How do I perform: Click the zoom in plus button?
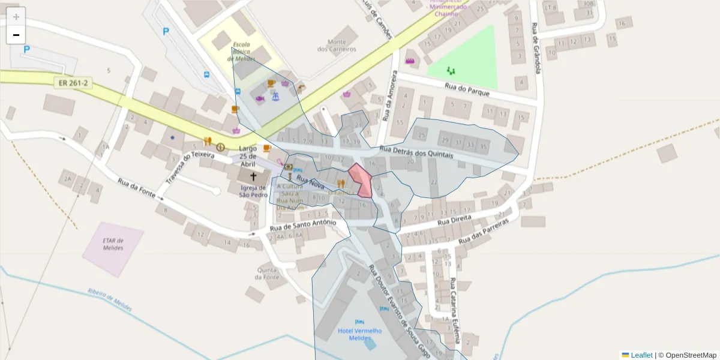point(16,17)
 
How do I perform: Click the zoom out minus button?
point(16,35)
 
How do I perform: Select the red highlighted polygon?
point(361,179)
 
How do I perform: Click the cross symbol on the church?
point(253,177)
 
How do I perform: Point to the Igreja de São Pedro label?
point(253,191)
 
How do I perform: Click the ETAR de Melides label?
point(113,244)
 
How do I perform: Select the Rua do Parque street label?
point(467,90)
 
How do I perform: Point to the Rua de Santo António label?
point(302,225)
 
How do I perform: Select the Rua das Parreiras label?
point(483,232)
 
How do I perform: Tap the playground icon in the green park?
point(451,70)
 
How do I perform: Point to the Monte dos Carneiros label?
point(337,45)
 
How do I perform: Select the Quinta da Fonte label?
point(267,273)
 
